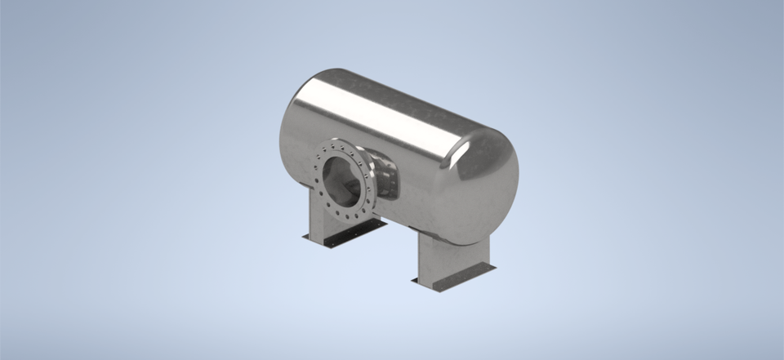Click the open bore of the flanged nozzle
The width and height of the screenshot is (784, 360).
click(x=343, y=181)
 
